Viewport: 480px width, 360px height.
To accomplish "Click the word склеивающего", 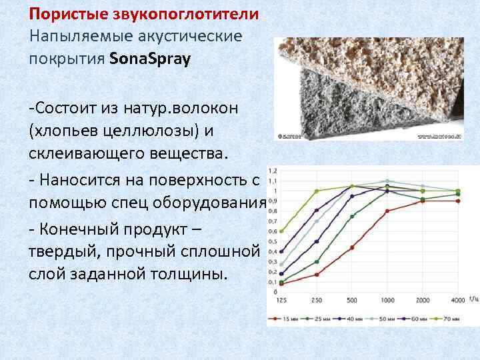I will [x=82, y=153].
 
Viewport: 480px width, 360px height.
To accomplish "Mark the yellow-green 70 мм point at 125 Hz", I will [x=282, y=231].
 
